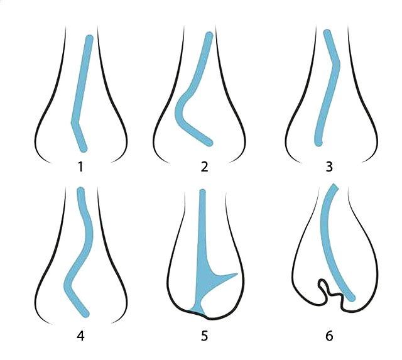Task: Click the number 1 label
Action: click(81, 167)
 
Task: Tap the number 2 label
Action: click(204, 166)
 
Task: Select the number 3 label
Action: click(329, 166)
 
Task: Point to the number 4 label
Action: click(80, 336)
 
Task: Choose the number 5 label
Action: click(204, 336)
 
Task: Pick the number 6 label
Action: click(329, 336)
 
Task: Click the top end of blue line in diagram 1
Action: click(89, 38)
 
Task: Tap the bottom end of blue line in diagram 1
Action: click(84, 148)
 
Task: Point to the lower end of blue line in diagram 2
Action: click(209, 143)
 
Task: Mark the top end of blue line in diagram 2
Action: click(209, 35)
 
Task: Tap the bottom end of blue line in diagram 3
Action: click(318, 143)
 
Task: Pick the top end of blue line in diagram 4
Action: click(81, 190)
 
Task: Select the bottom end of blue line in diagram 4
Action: click(86, 314)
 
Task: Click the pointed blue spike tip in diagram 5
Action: click(237, 274)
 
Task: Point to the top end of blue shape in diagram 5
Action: click(202, 191)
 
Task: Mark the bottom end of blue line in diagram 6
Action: click(352, 298)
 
